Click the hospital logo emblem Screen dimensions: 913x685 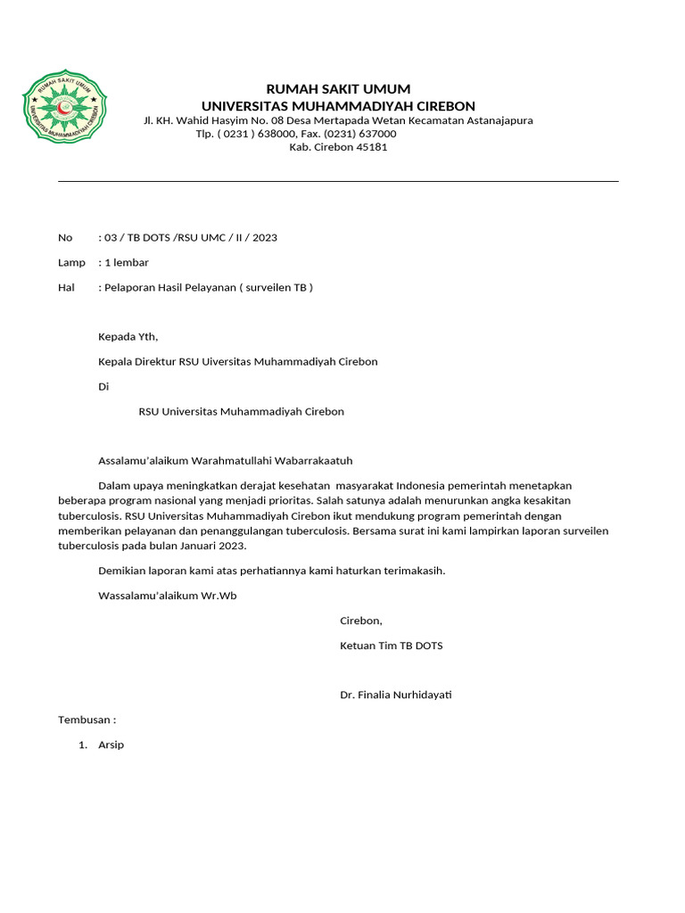coord(66,108)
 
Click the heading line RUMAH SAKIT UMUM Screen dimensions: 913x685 coord(339,89)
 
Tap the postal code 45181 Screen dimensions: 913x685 coord(372,147)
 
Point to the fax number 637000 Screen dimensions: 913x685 coord(376,134)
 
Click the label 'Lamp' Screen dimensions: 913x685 coord(71,263)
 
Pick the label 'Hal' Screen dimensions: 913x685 coord(66,288)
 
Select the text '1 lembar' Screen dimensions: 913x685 coord(127,263)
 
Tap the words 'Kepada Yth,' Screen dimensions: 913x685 coord(128,337)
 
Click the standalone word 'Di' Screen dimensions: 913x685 coord(103,387)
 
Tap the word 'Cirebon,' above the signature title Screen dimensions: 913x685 coord(360,621)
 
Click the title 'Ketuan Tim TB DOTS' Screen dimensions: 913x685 coord(391,646)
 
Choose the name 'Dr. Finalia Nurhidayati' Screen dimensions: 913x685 coord(396,695)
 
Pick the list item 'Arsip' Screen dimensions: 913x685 coord(111,744)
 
